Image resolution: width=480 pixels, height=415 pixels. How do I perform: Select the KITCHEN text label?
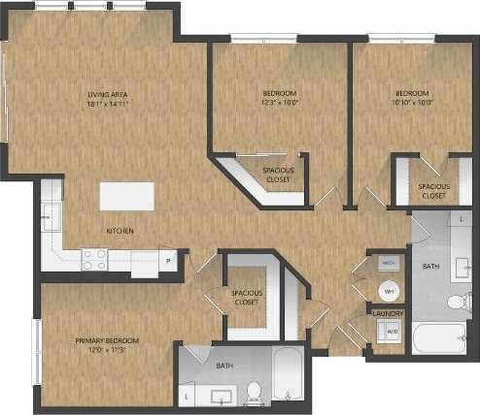coord(120,231)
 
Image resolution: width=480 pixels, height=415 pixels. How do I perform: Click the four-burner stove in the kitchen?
coord(95,259)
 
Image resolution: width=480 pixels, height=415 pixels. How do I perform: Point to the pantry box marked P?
coord(167,260)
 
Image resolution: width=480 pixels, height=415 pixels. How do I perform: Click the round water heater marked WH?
coord(388,291)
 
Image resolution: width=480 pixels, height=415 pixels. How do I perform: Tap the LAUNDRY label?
coord(388,313)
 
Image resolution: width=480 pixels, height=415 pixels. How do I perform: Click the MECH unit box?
coord(387,263)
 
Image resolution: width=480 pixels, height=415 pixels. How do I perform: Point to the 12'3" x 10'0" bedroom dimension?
coord(279,101)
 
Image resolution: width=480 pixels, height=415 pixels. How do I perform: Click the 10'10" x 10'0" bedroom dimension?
coord(411,101)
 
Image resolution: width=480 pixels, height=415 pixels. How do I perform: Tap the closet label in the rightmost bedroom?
coord(433,190)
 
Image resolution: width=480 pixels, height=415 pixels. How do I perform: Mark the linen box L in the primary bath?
coord(188,396)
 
